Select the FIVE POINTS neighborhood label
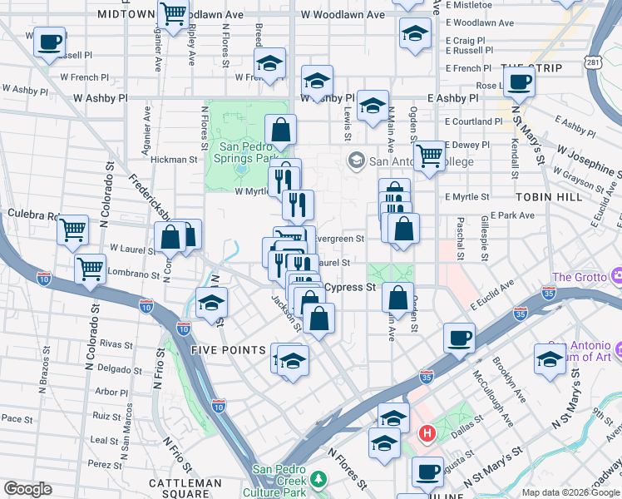tap(228, 350)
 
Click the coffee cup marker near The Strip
tap(521, 82)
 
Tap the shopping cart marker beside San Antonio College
tap(429, 156)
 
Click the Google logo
tap(27, 489)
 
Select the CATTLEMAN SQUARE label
tap(185, 483)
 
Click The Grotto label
tap(579, 277)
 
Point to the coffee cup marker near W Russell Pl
tap(50, 41)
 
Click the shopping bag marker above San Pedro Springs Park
tap(281, 130)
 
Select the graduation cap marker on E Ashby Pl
tap(373, 106)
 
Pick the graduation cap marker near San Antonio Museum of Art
tap(550, 358)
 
